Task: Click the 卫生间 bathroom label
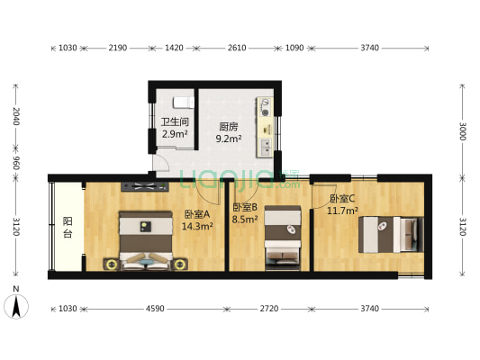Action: tap(175, 122)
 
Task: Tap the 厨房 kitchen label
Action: tap(228, 127)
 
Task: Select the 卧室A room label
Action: tap(196, 214)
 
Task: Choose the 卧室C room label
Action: tap(341, 199)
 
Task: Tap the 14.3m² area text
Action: tap(197, 227)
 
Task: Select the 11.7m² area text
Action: tap(343, 211)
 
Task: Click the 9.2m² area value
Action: tap(229, 139)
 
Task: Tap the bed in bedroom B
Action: tap(282, 236)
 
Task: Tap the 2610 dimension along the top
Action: tap(236, 48)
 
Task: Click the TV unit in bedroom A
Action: tap(144, 187)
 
